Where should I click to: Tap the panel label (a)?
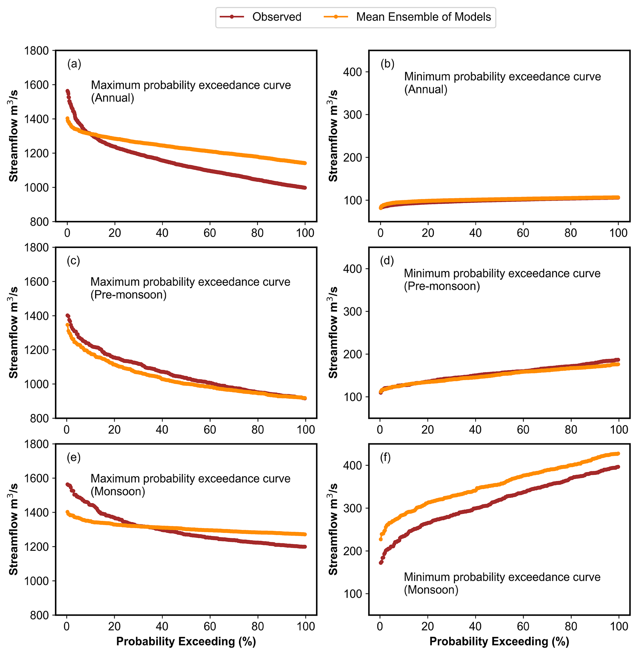click(x=74, y=64)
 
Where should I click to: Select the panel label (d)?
click(x=387, y=260)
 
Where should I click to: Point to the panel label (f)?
click(x=385, y=458)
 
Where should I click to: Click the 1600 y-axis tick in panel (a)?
click(x=36, y=85)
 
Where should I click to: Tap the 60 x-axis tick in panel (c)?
click(x=210, y=430)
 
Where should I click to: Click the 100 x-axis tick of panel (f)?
click(x=619, y=627)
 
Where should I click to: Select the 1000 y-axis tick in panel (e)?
click(x=36, y=581)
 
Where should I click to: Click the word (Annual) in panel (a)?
click(x=113, y=98)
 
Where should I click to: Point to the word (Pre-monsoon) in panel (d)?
click(x=442, y=286)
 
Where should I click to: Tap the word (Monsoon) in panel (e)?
click(x=118, y=492)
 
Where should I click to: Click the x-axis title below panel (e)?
click(x=186, y=642)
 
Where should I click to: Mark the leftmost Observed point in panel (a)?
click(x=67, y=91)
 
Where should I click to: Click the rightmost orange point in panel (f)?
click(x=618, y=454)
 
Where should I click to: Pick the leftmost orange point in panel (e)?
click(x=67, y=512)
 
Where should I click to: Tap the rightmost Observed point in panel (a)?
click(x=305, y=188)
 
